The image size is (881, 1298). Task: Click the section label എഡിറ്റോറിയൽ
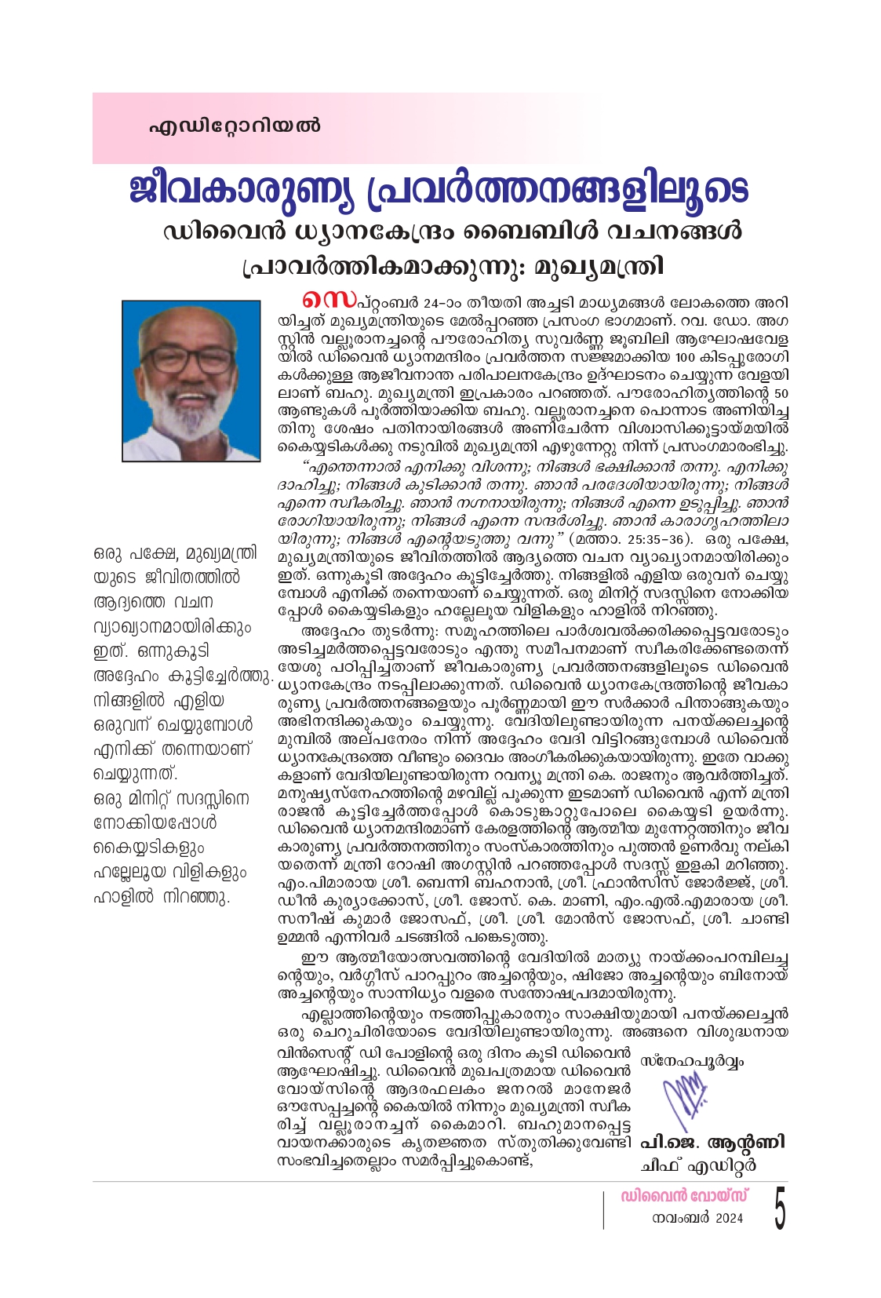pos(235,126)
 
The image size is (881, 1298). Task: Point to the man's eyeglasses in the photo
pos(190,359)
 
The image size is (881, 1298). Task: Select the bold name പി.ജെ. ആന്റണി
pos(712,1142)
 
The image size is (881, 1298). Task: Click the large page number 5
pos(778,1209)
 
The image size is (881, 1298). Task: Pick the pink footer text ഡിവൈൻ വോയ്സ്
pos(683,1197)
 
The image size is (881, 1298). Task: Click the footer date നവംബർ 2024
pos(697,1219)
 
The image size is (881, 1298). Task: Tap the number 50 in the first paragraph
pos(780,393)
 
